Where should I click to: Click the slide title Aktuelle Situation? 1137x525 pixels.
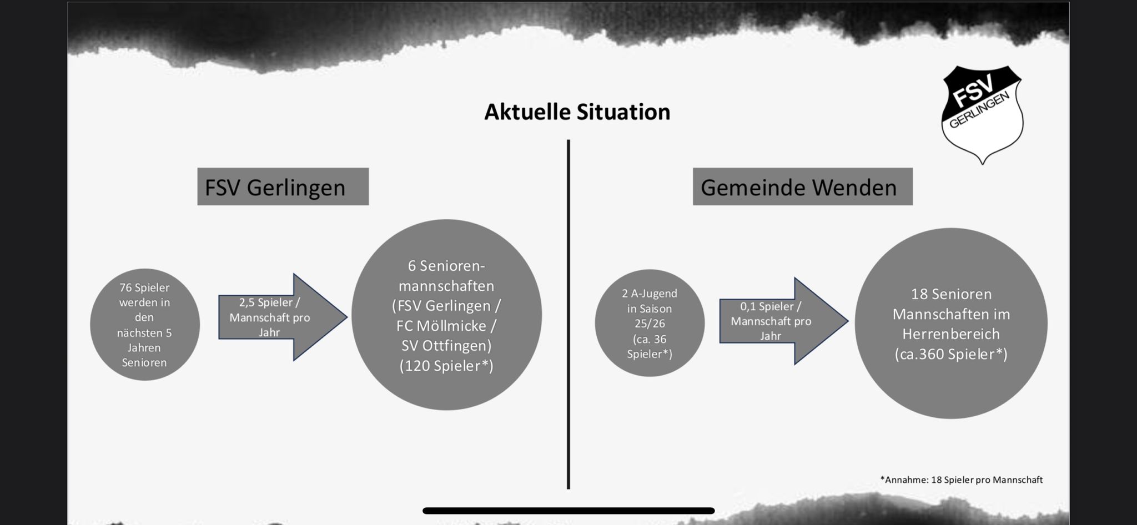click(577, 112)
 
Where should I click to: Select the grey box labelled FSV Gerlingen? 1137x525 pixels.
click(283, 186)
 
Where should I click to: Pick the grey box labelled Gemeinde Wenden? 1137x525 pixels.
click(803, 186)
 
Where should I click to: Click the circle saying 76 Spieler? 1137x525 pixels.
click(145, 325)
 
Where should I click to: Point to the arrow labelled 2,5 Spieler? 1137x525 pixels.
click(283, 317)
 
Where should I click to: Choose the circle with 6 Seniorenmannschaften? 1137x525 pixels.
click(447, 315)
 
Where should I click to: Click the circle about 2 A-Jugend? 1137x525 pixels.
click(650, 323)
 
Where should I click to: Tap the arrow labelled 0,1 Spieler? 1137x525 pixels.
click(784, 321)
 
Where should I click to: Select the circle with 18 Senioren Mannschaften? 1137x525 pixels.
click(951, 324)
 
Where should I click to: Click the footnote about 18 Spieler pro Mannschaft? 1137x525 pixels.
click(962, 479)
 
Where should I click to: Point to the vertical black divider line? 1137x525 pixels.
click(568, 314)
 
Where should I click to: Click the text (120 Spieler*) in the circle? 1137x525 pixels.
click(446, 366)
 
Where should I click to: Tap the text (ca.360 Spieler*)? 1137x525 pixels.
click(951, 354)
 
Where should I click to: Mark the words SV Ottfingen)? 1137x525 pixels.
click(446, 346)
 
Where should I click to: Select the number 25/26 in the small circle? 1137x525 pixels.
click(650, 324)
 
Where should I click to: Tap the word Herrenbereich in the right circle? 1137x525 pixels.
click(951, 334)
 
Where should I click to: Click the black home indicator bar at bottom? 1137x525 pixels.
click(568, 511)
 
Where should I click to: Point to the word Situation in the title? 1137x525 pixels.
click(623, 112)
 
